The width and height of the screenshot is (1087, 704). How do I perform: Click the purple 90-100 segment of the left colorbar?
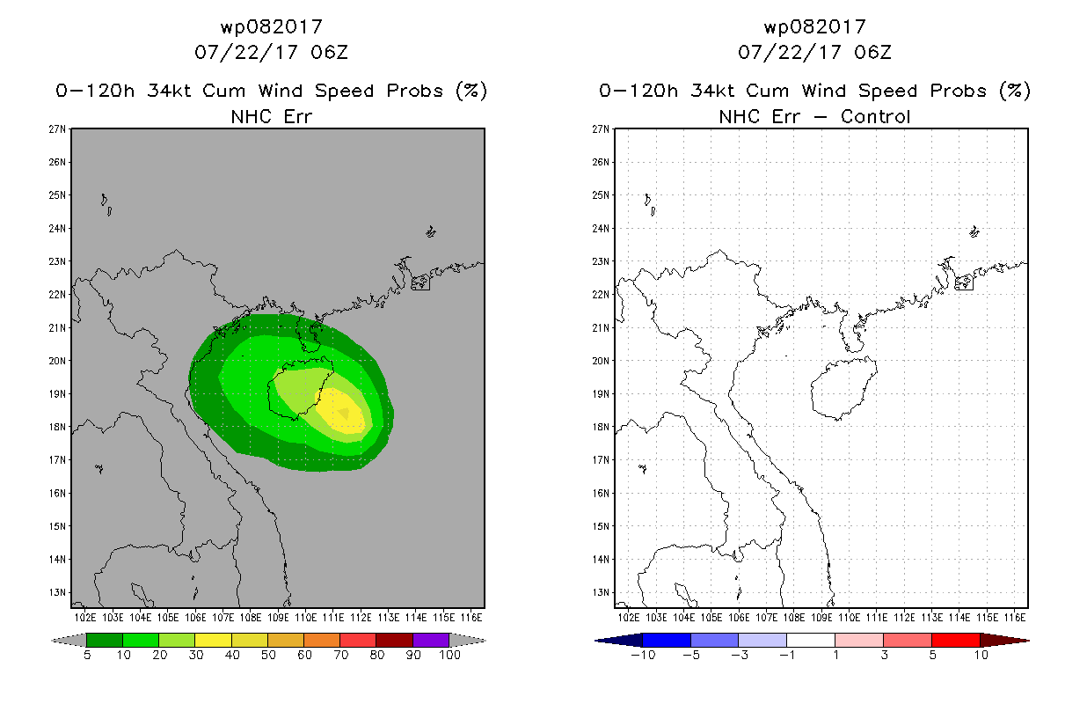click(x=431, y=640)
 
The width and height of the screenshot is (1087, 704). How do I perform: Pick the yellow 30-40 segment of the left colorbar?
click(x=213, y=640)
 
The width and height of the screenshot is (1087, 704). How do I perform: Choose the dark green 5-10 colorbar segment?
click(x=105, y=640)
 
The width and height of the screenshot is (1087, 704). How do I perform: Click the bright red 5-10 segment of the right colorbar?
click(x=954, y=640)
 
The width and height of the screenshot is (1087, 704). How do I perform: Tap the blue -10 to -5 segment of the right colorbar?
click(x=667, y=640)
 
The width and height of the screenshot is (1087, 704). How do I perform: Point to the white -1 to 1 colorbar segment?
click(x=811, y=640)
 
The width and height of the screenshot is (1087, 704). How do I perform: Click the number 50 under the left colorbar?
click(x=267, y=656)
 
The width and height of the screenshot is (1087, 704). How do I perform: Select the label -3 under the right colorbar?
click(x=737, y=656)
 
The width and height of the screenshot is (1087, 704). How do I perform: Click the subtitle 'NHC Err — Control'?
click(x=814, y=116)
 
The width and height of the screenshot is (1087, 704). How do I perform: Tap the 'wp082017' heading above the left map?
click(x=271, y=27)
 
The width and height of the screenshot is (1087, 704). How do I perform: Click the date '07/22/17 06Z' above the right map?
click(x=814, y=53)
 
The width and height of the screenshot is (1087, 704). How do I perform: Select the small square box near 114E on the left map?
click(x=420, y=282)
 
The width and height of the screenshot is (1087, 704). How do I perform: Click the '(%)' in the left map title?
click(x=471, y=91)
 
